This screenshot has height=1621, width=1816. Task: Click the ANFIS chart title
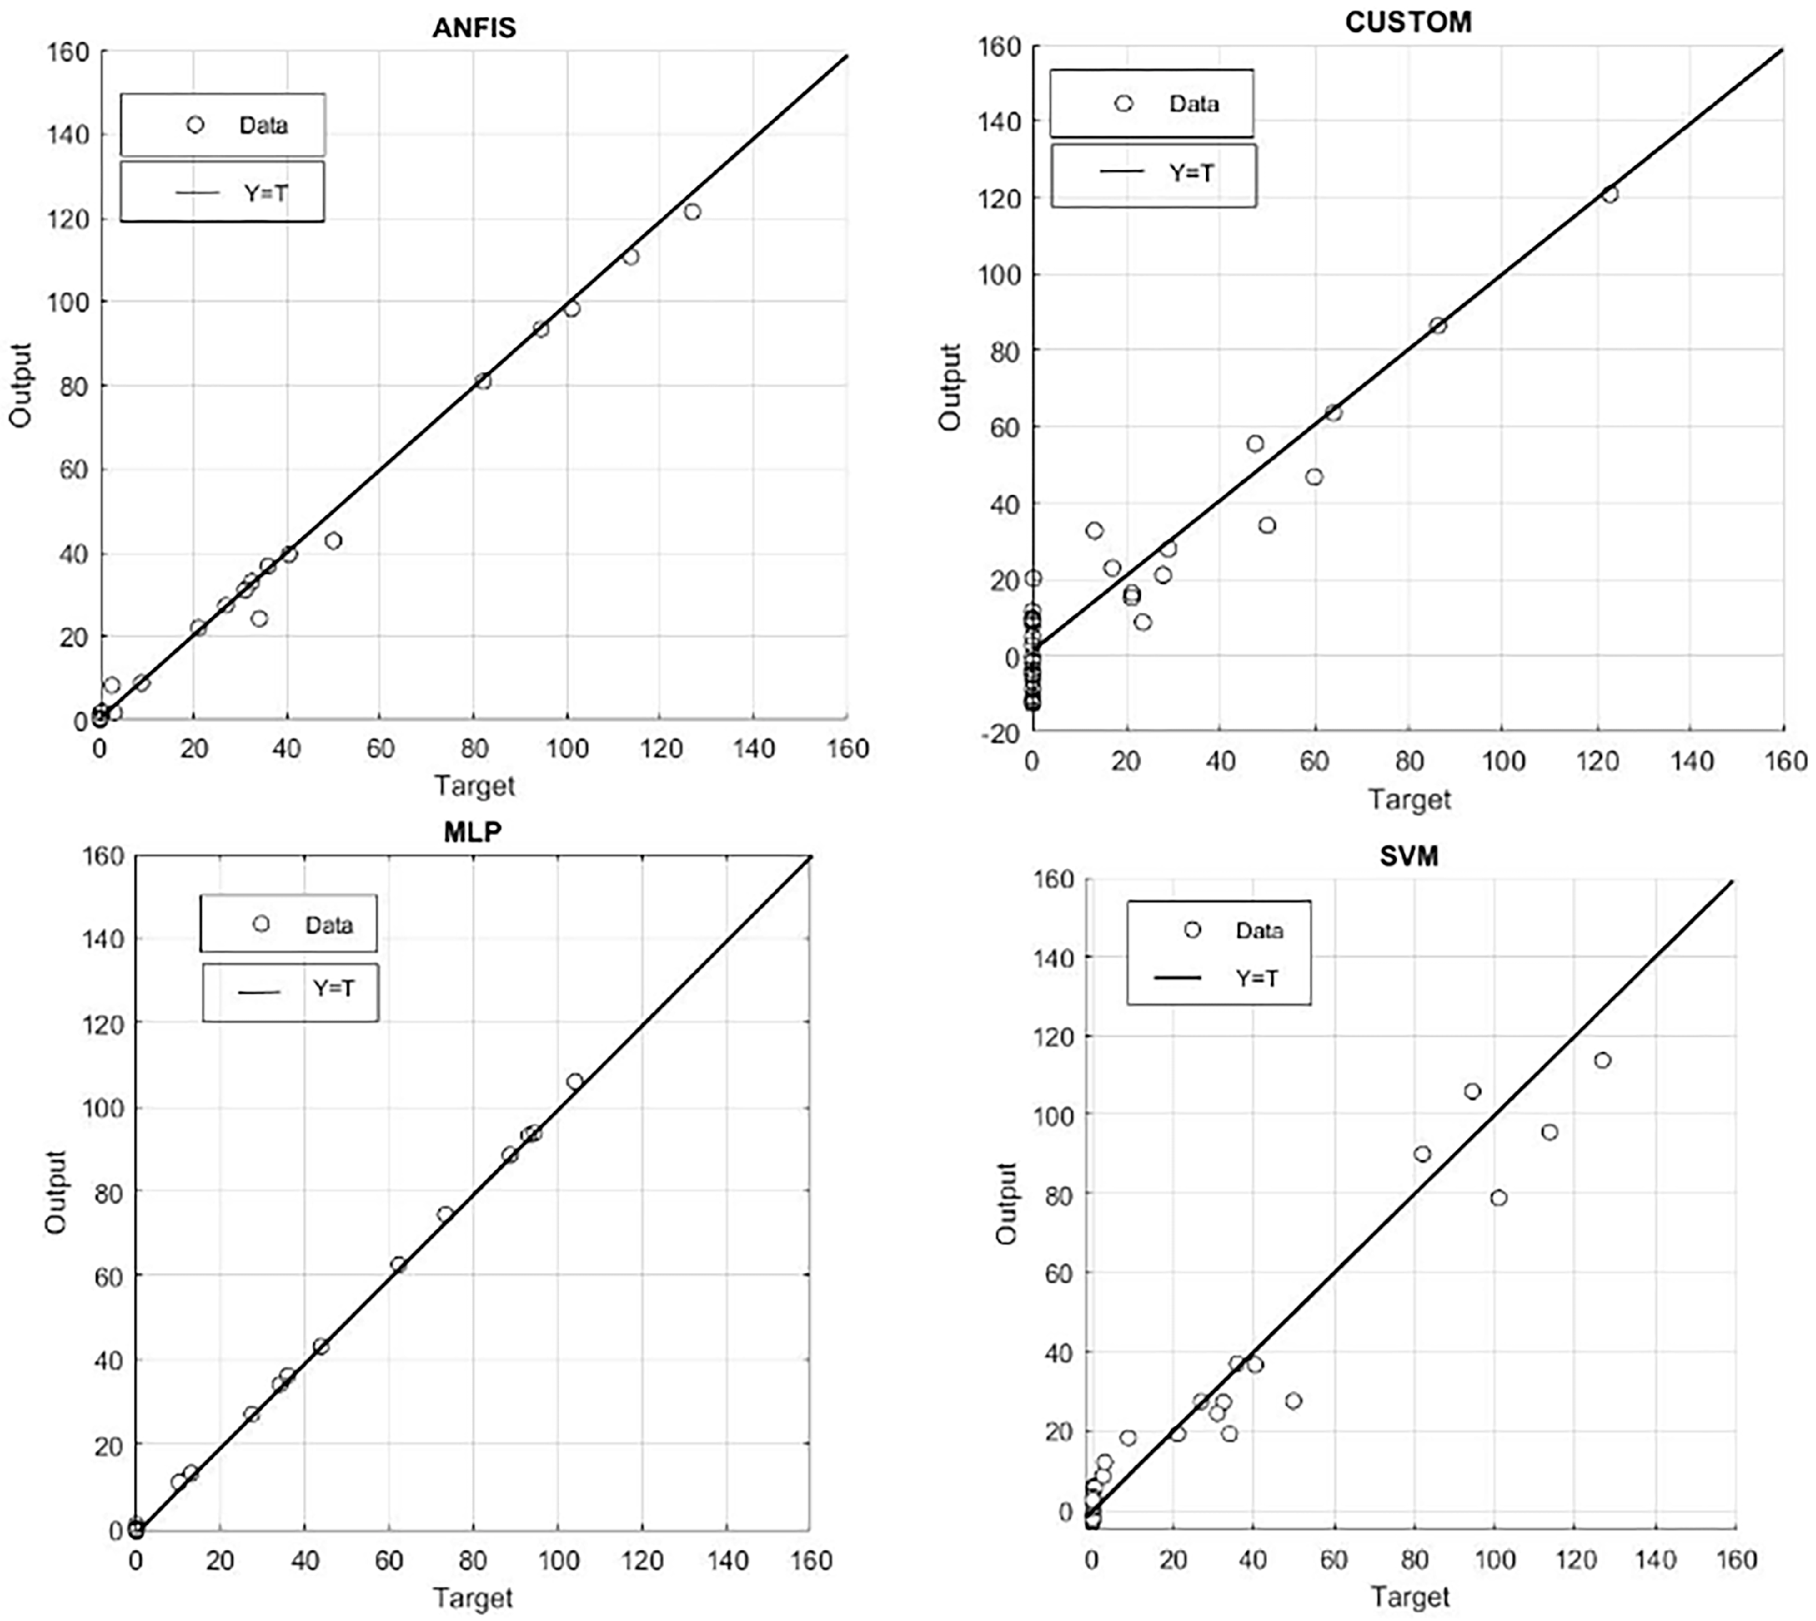pos(474,28)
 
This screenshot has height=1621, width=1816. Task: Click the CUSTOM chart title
pos(1408,22)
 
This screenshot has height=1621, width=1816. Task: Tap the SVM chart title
pos(1408,856)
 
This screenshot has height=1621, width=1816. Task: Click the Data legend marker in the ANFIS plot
pos(195,125)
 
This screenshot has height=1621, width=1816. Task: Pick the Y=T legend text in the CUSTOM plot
pos(1192,173)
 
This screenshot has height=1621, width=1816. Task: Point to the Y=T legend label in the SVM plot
pos(1257,978)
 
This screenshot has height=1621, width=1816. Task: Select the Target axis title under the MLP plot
pos(473,1598)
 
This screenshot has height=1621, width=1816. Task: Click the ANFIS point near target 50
pos(333,541)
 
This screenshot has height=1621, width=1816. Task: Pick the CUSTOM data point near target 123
pos(1609,194)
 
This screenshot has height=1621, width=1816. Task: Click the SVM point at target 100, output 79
pos(1498,1198)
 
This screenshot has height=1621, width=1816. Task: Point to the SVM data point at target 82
pos(1422,1154)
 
